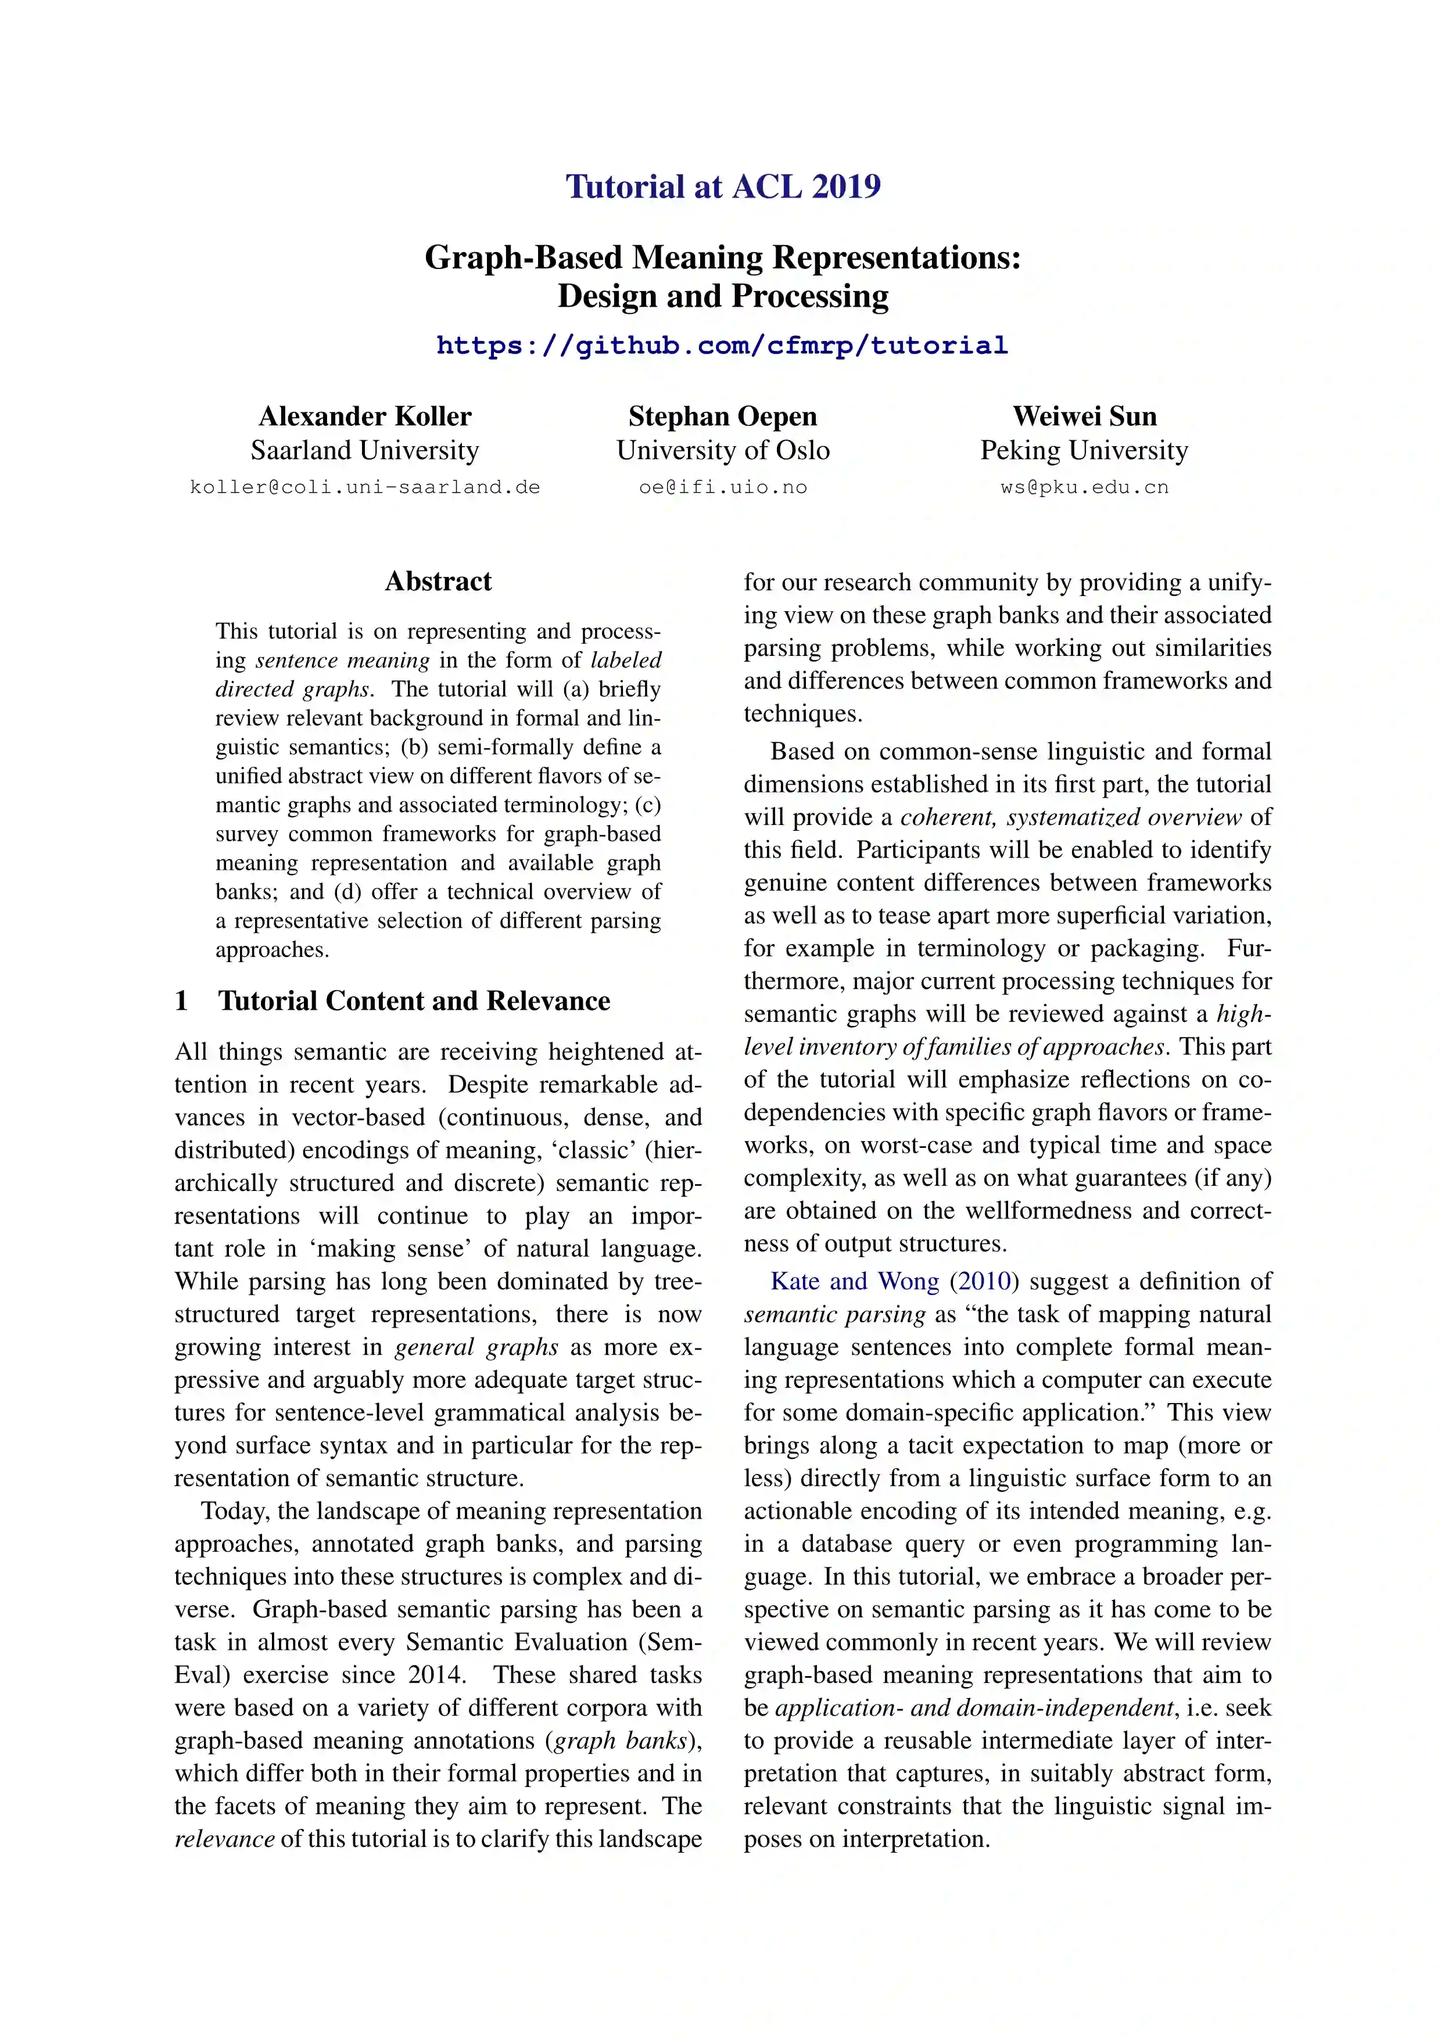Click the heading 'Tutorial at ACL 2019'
pyautogui.click(x=723, y=186)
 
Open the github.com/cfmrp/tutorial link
pyautogui.click(x=722, y=345)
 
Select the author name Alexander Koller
pyautogui.click(x=365, y=417)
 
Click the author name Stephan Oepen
pyautogui.click(x=723, y=417)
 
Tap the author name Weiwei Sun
pyautogui.click(x=1084, y=417)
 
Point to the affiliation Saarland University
pyautogui.click(x=365, y=450)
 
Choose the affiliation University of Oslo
pyautogui.click(x=723, y=450)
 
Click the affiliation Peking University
pyautogui.click(x=1084, y=450)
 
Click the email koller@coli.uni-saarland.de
pyautogui.click(x=365, y=487)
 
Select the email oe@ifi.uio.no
pyautogui.click(x=723, y=487)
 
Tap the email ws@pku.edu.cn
pyautogui.click(x=1084, y=487)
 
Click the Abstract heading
pyautogui.click(x=438, y=582)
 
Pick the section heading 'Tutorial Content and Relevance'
pyautogui.click(x=414, y=1000)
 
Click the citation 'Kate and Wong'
pyautogui.click(x=854, y=1281)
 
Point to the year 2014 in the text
pyautogui.click(x=436, y=1675)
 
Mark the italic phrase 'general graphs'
pyautogui.click(x=476, y=1347)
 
